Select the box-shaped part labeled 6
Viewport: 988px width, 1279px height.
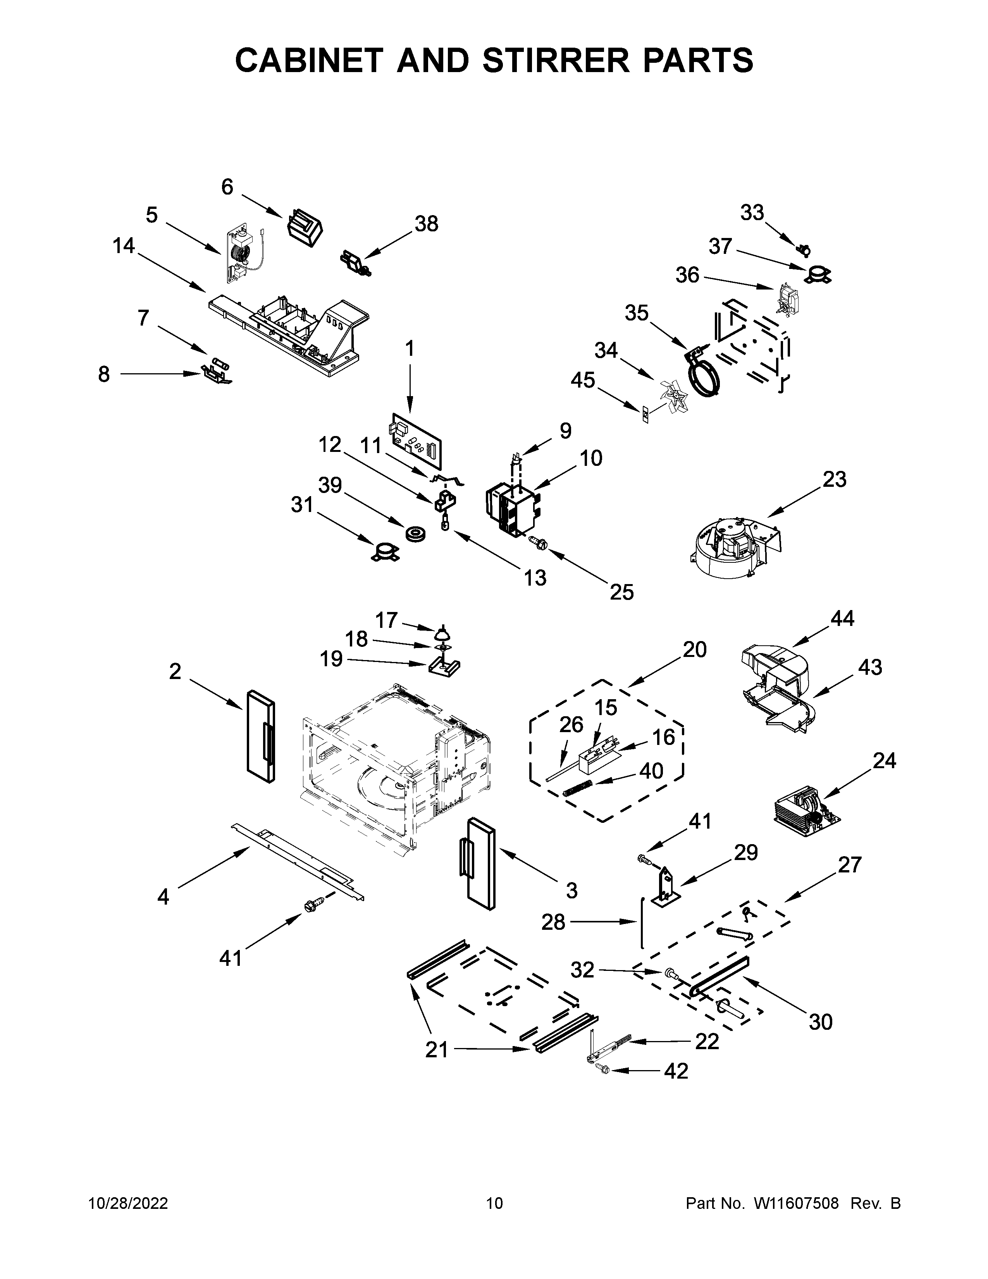[x=305, y=227]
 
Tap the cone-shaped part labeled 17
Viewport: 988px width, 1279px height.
[x=444, y=633]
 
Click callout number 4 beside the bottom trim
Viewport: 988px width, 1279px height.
[x=163, y=896]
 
